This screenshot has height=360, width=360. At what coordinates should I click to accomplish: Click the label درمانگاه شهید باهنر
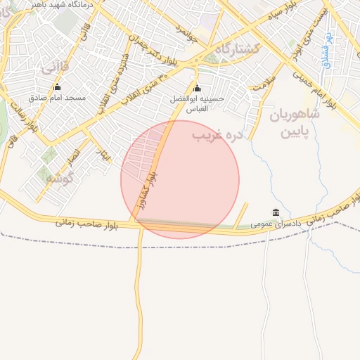(x=49, y=4)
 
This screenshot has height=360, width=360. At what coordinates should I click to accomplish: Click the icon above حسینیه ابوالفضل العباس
(x=196, y=89)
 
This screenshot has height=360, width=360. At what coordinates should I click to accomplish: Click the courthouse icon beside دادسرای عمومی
(x=274, y=213)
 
